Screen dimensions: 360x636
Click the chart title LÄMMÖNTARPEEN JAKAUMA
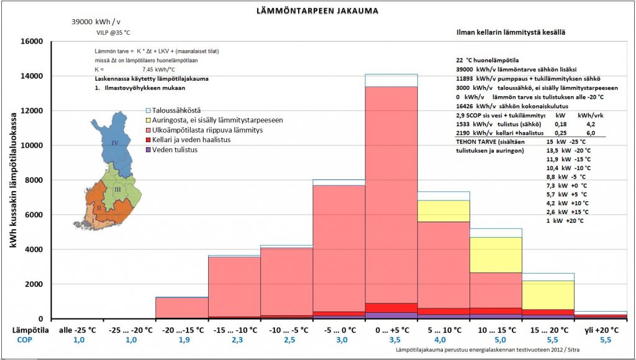317,11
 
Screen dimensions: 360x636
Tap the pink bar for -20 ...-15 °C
181,307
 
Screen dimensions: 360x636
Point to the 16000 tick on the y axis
30,42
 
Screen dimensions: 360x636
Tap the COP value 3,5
391,340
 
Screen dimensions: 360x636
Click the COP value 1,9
181,340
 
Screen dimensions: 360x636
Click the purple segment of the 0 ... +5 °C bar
391,315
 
